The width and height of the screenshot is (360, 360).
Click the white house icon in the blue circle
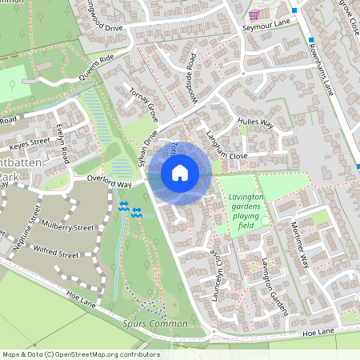(x=180, y=172)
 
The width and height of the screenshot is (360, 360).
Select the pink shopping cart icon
(x=254, y=14)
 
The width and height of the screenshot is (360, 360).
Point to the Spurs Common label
(x=156, y=323)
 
